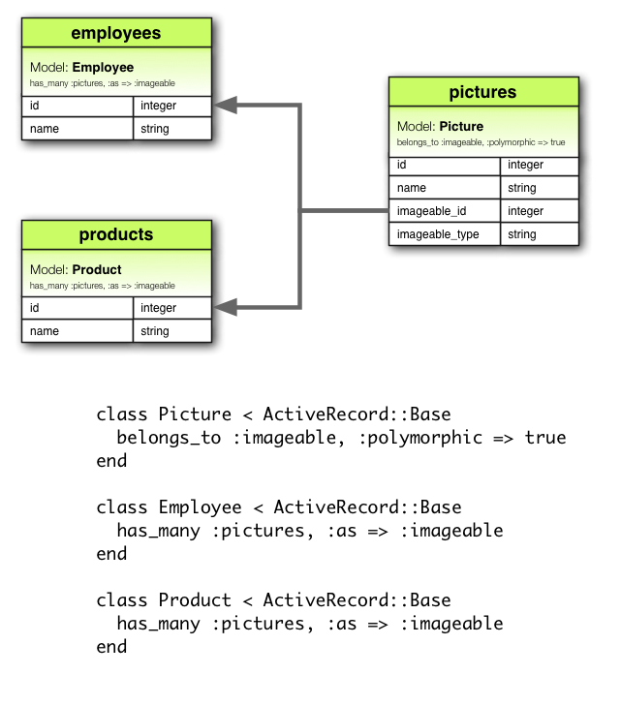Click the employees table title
click(x=115, y=34)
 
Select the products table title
click(x=115, y=235)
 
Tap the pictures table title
click(x=482, y=93)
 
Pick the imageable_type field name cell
click(x=438, y=234)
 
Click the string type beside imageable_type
click(x=521, y=234)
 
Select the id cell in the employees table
click(x=35, y=106)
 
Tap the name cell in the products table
click(x=45, y=331)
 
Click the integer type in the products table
click(x=158, y=308)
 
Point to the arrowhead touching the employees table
click(x=223, y=105)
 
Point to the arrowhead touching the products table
click(x=223, y=307)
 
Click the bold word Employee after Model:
click(x=103, y=68)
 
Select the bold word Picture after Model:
click(x=461, y=126)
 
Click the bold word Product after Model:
click(x=97, y=269)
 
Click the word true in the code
click(x=545, y=438)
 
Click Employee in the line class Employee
click(x=200, y=507)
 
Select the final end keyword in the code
click(x=111, y=647)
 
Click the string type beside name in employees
click(x=154, y=129)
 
